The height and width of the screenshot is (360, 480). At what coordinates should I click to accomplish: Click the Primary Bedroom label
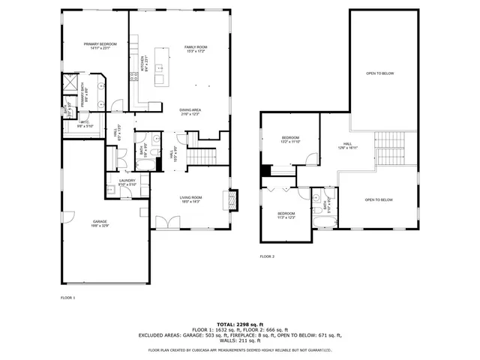(x=100, y=46)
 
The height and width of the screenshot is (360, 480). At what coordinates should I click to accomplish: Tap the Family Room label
(x=196, y=49)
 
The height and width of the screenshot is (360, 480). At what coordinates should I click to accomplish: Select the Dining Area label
(x=190, y=112)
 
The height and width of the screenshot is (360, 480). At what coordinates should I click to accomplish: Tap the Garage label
(x=99, y=223)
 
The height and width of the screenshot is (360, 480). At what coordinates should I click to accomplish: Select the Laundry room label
(x=127, y=181)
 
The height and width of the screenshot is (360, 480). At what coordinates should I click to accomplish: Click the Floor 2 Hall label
(x=347, y=145)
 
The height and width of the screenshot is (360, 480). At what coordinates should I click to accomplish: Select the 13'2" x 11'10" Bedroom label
(x=290, y=139)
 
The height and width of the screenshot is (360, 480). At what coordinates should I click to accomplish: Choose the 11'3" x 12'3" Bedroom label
(x=286, y=215)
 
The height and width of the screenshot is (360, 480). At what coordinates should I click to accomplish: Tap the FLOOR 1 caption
(x=67, y=298)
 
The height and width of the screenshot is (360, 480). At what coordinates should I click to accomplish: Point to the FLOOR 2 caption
(x=267, y=256)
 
